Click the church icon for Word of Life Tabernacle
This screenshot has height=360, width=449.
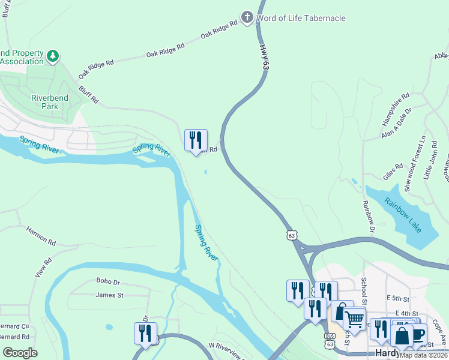tap(247, 17)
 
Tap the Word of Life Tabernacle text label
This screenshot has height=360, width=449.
tap(301, 18)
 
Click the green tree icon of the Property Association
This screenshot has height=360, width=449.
tap(53, 56)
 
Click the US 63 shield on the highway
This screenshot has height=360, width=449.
tap(292, 236)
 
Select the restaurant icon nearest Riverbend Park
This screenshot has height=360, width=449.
tap(196, 141)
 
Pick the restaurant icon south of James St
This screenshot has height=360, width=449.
tap(145, 333)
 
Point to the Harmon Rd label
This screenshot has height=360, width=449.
tap(41, 236)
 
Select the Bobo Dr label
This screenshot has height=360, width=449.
tap(108, 281)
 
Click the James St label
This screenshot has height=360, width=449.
tap(109, 295)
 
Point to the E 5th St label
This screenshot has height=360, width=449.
tap(398, 298)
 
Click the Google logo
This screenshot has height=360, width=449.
tap(20, 352)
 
